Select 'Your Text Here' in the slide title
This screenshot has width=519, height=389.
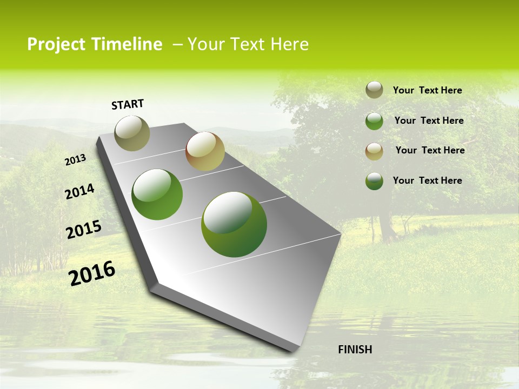(248, 44)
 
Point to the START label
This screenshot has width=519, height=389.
(128, 104)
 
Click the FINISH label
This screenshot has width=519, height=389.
(355, 350)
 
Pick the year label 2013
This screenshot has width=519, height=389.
(76, 160)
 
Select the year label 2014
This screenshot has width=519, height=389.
(79, 192)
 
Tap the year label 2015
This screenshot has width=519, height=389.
(84, 230)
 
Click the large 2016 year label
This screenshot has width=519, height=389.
(92, 273)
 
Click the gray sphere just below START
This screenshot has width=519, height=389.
(132, 133)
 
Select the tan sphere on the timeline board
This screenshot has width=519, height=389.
(205, 151)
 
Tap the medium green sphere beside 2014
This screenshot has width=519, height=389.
(157, 194)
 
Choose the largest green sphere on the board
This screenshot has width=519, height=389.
(234, 224)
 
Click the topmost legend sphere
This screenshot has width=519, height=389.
(374, 90)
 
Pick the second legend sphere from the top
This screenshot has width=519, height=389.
(374, 121)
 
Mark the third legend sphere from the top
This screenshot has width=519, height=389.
(374, 151)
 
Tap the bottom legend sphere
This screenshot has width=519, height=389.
(374, 181)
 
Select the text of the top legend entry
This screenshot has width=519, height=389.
(427, 90)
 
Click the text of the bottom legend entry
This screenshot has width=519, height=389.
(427, 180)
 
